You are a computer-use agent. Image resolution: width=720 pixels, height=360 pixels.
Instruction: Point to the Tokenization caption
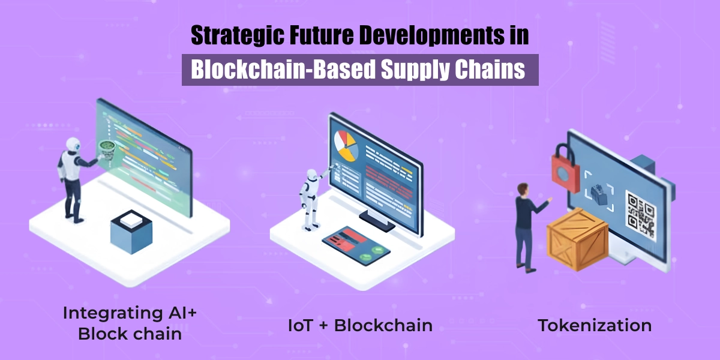[595, 326]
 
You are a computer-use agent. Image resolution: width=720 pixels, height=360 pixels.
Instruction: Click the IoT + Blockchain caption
[360, 326]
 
